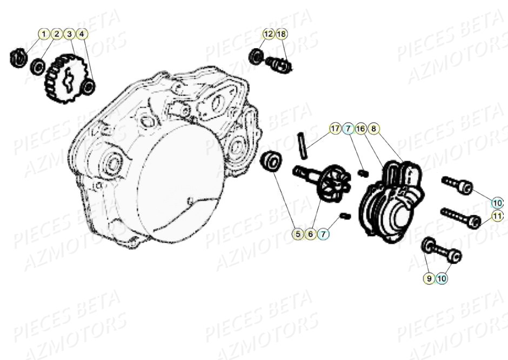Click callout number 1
point(44,34)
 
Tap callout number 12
point(269,34)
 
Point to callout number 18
point(281,34)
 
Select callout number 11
point(497,217)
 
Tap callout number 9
point(429,278)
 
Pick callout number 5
point(297,234)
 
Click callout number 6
point(310,234)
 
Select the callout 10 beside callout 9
point(442,278)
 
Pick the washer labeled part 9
point(429,246)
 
